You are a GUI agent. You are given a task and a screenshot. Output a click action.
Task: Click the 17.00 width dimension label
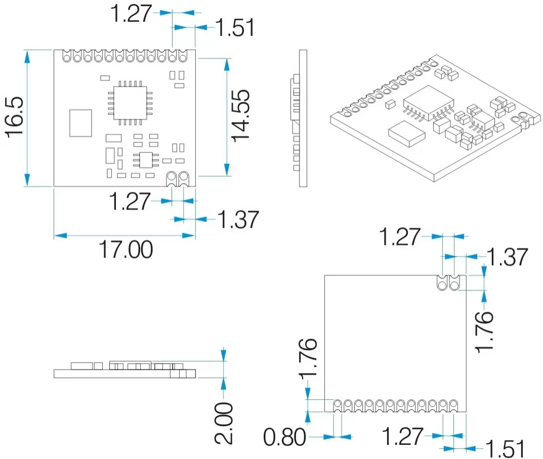coord(125,249)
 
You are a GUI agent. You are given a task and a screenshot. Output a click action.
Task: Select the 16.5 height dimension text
coord(16,117)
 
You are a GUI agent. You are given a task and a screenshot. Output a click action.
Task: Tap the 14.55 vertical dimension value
coord(240,115)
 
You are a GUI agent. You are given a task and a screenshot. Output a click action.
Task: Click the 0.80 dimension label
coord(285,437)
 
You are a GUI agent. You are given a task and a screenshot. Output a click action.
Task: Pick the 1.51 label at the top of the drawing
coord(235,28)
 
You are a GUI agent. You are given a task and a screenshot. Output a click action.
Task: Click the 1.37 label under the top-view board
coord(238,220)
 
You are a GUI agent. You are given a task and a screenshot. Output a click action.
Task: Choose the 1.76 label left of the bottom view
coord(308,358)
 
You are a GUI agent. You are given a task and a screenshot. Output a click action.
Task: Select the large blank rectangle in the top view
coord(80,123)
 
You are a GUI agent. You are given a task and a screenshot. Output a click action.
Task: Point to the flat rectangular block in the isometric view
coord(407,134)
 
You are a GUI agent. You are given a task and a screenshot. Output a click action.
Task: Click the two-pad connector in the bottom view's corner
coord(448,283)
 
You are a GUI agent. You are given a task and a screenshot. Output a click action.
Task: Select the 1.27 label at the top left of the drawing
coord(131,14)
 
